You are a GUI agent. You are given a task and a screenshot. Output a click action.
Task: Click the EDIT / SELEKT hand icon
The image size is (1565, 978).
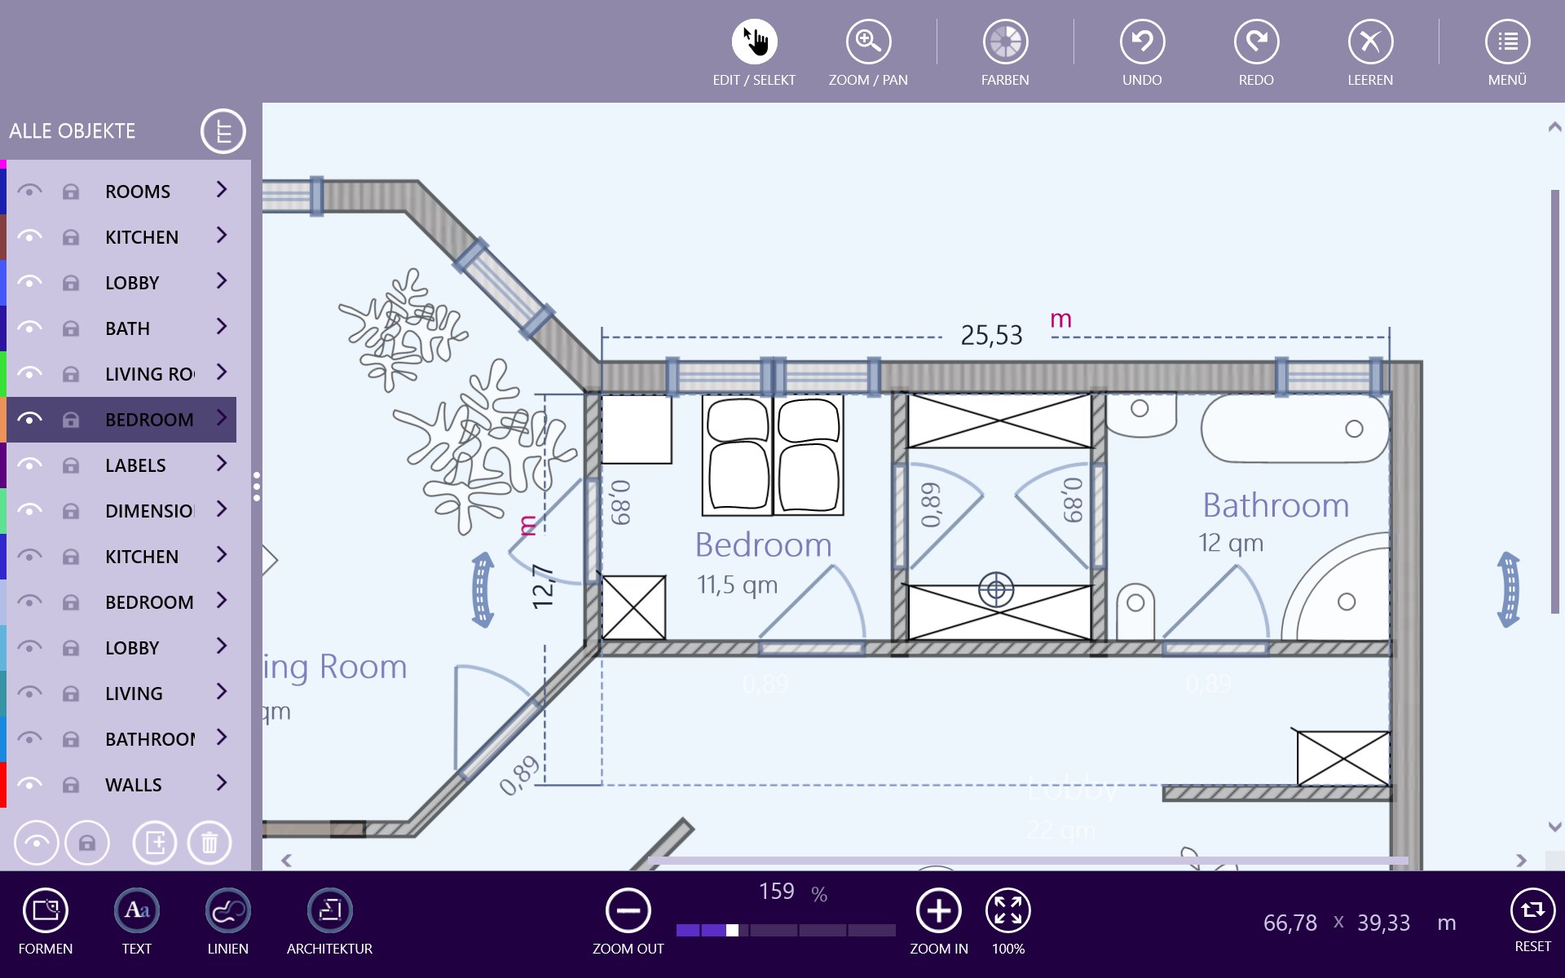[x=754, y=42]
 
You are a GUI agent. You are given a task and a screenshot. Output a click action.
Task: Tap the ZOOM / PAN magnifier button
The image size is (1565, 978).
[x=868, y=42]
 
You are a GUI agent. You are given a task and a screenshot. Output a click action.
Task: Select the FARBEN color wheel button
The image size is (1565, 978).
[x=1005, y=42]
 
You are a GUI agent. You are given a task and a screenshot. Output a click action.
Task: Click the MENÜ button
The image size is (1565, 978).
[x=1507, y=42]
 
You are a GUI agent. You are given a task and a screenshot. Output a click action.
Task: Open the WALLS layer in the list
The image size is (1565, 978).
[x=134, y=785]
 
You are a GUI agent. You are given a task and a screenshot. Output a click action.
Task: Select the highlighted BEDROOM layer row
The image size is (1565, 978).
[x=149, y=420]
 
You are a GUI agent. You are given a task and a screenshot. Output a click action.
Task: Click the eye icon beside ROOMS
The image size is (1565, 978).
[x=29, y=192]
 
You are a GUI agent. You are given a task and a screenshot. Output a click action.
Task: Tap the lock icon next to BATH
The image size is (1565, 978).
[x=71, y=328]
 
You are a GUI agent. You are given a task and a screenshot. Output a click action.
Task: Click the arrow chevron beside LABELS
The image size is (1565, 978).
[x=221, y=464]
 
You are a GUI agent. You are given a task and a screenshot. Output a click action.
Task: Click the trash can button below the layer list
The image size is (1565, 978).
[x=209, y=842]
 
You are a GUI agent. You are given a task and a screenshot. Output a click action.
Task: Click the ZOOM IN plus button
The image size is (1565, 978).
[x=938, y=910]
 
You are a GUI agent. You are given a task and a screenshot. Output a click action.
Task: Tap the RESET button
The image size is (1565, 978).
[x=1532, y=910]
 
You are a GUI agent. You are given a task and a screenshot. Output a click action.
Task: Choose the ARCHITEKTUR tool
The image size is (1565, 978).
[x=329, y=910]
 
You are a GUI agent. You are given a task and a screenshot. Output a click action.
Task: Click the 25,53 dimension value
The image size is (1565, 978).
[x=991, y=335]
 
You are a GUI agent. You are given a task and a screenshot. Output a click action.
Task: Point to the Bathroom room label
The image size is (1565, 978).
[x=1276, y=505]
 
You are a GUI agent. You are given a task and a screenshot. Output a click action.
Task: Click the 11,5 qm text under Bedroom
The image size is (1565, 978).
[x=737, y=584]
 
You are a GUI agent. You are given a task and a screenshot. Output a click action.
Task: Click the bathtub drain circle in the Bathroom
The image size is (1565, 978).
[x=1354, y=429]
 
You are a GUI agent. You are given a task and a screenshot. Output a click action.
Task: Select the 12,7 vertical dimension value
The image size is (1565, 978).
[x=543, y=587]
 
